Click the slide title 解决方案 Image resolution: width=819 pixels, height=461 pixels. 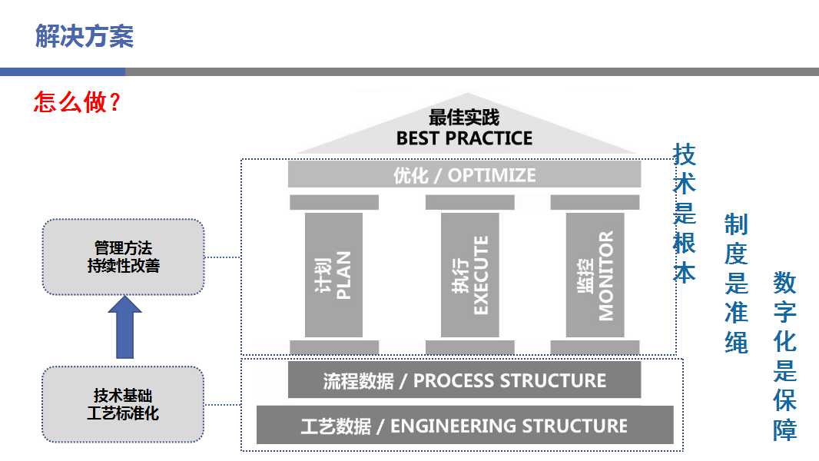(85, 35)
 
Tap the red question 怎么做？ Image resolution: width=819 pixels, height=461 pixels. (77, 102)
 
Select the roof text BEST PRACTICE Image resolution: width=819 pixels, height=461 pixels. (464, 138)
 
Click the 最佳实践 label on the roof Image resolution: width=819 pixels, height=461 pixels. (464, 118)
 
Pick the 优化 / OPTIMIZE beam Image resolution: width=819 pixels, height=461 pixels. (464, 174)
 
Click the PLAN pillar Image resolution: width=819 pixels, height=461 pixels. (333, 274)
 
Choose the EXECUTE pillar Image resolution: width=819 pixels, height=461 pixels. (469, 274)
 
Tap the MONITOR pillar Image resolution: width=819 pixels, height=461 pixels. (595, 274)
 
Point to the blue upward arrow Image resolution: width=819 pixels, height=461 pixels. (124, 327)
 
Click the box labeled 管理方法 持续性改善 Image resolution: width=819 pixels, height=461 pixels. (123, 257)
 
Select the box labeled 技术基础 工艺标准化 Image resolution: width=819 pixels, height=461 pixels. (123, 404)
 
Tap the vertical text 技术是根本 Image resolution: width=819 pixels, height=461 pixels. (684, 214)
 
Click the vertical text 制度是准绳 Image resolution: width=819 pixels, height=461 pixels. (736, 284)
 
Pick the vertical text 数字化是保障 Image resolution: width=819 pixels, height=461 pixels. (784, 357)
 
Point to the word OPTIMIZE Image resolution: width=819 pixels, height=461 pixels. (492, 175)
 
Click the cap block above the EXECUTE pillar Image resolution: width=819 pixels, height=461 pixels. (469, 203)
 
